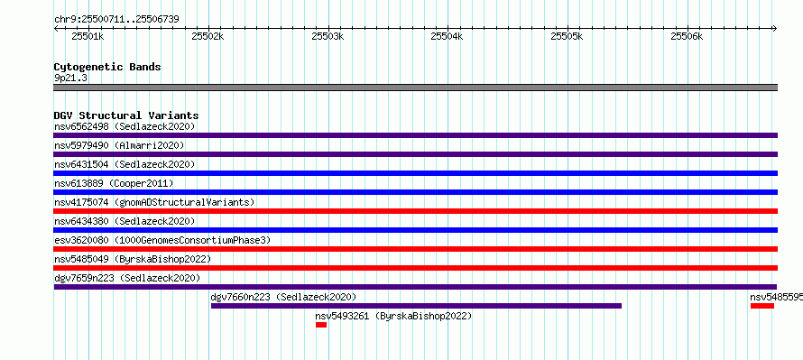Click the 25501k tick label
[x=88, y=36]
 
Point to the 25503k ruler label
[x=328, y=36]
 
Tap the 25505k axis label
[x=567, y=36]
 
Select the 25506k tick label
[x=687, y=36]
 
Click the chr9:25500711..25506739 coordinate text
[x=116, y=20]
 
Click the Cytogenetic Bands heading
[x=107, y=67]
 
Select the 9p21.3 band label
[x=70, y=78]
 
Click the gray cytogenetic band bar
[x=415, y=88]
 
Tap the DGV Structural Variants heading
[x=126, y=115]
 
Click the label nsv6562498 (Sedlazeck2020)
[x=125, y=126]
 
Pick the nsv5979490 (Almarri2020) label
[x=119, y=145]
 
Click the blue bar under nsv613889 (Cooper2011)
[x=415, y=192]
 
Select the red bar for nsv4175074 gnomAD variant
[x=415, y=211]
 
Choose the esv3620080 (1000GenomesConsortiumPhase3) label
[x=162, y=240]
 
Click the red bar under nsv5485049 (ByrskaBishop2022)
[x=415, y=268]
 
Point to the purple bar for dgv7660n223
[x=416, y=306]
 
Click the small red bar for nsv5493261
[x=321, y=325]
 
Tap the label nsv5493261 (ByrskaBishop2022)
[x=393, y=316]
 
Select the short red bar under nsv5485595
[x=762, y=306]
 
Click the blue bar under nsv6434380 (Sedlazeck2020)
[x=415, y=230]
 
